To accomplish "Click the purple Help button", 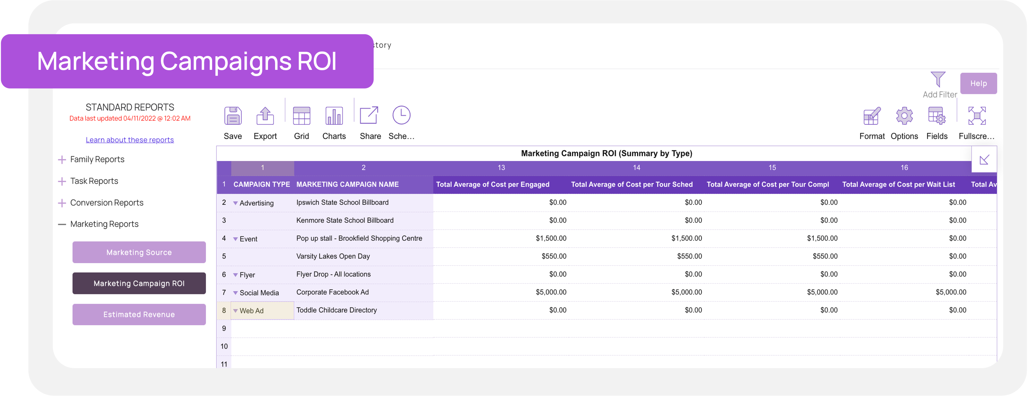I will click(978, 83).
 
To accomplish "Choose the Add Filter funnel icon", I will click(938, 79).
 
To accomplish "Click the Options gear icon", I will click(904, 116).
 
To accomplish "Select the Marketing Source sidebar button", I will click(139, 252).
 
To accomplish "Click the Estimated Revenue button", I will click(139, 315).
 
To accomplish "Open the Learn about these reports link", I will click(130, 140).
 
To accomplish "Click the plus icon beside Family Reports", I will click(62, 160).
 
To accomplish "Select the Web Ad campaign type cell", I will click(251, 311).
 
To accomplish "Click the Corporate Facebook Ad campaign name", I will click(332, 292).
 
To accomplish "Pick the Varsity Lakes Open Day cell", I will click(333, 256).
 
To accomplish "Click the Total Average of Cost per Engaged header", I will click(492, 184).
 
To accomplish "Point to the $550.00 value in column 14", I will click(689, 256).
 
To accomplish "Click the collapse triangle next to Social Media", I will click(235, 293).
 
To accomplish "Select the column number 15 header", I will click(772, 168).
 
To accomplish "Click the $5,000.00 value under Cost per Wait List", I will click(951, 292).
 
